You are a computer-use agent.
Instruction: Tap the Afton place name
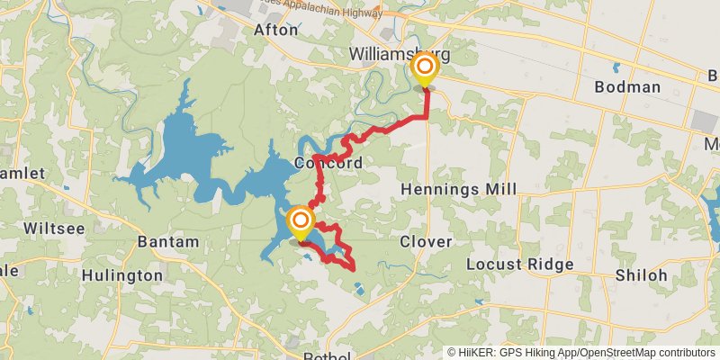275,30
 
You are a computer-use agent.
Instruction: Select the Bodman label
628,87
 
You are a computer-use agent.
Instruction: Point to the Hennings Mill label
459,190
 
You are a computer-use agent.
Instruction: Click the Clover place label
426,242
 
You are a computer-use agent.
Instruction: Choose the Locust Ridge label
520,265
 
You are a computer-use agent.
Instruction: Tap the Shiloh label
642,275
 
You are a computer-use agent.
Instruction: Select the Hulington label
123,274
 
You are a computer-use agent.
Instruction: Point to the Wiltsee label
56,229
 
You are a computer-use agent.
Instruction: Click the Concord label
328,164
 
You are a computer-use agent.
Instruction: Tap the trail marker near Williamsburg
424,69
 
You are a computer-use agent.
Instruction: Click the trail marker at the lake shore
300,221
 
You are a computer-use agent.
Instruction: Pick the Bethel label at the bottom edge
327,356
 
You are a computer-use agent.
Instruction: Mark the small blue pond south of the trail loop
360,290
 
